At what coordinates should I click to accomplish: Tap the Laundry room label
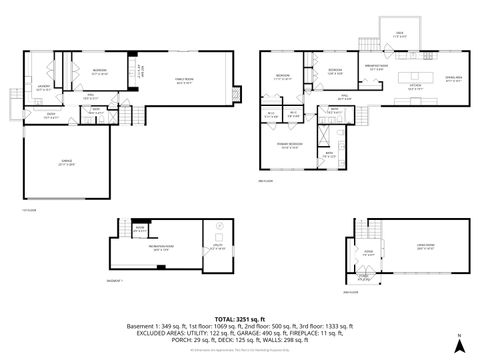(44, 88)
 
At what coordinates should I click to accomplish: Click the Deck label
(400, 33)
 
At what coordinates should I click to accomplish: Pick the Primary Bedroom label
(290, 145)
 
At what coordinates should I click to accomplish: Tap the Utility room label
(218, 249)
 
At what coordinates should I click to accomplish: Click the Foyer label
(368, 253)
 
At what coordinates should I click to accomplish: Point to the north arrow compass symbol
(458, 345)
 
